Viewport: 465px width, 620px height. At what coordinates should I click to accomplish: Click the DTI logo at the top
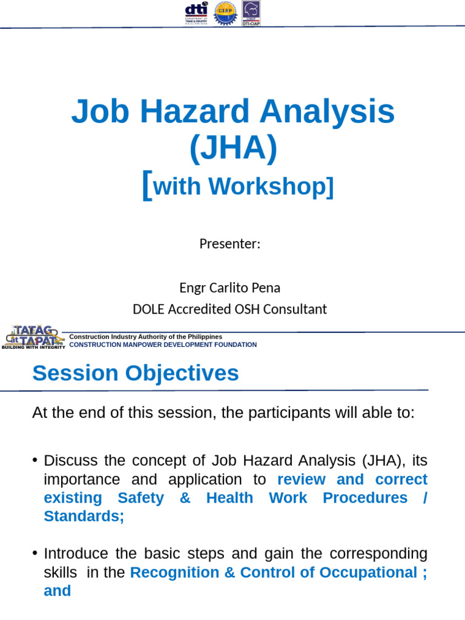196,13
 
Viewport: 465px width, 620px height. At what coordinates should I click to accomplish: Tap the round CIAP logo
226,13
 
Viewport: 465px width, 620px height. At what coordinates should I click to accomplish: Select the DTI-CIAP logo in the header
251,13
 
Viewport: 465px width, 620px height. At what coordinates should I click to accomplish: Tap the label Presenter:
229,244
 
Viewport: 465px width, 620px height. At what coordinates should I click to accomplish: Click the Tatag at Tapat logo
33,337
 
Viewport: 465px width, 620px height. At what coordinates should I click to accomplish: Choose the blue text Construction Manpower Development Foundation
163,345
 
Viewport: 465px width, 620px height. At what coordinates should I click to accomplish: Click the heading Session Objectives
136,373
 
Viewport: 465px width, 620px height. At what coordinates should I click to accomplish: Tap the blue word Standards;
84,516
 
